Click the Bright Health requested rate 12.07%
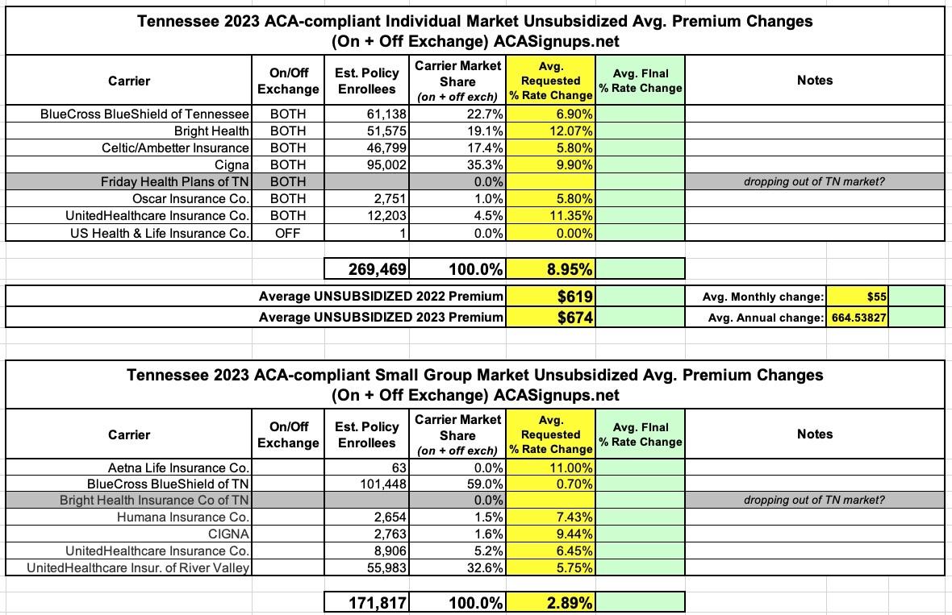click(570, 131)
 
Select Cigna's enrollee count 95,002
click(386, 164)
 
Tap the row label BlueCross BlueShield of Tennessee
click(145, 114)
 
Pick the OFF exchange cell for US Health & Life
click(288, 233)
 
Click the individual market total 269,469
click(368, 268)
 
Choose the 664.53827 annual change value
click(858, 318)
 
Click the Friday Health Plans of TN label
click(175, 181)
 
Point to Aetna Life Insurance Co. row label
click(179, 467)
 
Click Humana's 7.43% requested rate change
click(573, 517)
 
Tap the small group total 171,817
click(368, 602)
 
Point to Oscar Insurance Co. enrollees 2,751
click(390, 198)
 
